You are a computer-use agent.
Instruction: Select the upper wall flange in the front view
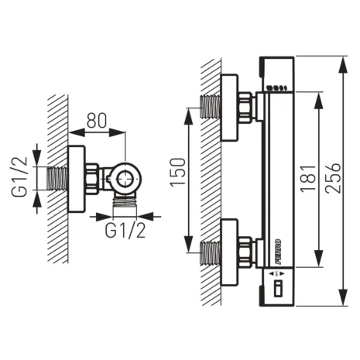coord(228,108)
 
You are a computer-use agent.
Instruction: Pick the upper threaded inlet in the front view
coord(211,107)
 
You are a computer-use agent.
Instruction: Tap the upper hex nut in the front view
coord(247,107)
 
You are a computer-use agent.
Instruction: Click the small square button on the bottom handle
coord(276,290)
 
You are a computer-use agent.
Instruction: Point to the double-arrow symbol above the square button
coord(276,275)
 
